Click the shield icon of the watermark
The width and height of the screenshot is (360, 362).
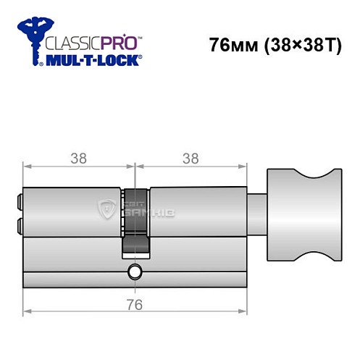(x=106, y=210)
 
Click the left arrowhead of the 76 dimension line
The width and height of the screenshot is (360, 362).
(x=27, y=312)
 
